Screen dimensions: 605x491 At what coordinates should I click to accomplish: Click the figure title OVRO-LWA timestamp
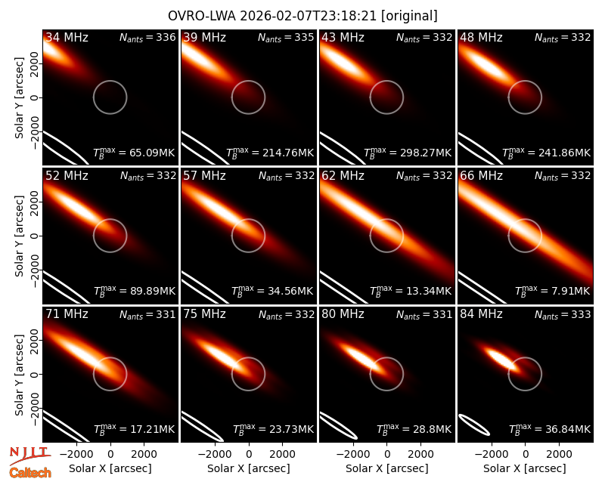tap(302, 16)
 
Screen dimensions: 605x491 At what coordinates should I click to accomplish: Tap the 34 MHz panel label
tap(67, 37)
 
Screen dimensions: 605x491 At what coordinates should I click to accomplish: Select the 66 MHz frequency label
tap(481, 176)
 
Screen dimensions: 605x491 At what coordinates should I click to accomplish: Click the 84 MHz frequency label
tap(481, 314)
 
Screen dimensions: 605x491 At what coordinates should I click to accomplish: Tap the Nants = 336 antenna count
tap(147, 37)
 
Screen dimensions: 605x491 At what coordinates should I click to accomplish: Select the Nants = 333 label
tap(563, 315)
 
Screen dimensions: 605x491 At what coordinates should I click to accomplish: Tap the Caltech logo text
tap(30, 473)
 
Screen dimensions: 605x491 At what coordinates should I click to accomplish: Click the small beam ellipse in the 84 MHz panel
tap(474, 425)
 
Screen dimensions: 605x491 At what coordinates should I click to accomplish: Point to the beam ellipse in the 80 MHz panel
tap(339, 426)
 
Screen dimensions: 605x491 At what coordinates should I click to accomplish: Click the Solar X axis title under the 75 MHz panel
tap(249, 468)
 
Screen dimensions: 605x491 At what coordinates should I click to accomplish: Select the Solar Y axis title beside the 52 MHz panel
tap(19, 236)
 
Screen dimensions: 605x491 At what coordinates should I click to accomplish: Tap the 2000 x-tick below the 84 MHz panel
tap(559, 454)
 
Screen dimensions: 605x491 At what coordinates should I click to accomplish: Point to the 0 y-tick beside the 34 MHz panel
tap(35, 97)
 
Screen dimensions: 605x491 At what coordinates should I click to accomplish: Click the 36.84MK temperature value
tap(550, 429)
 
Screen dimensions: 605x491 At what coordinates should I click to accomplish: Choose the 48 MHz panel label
tap(481, 37)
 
